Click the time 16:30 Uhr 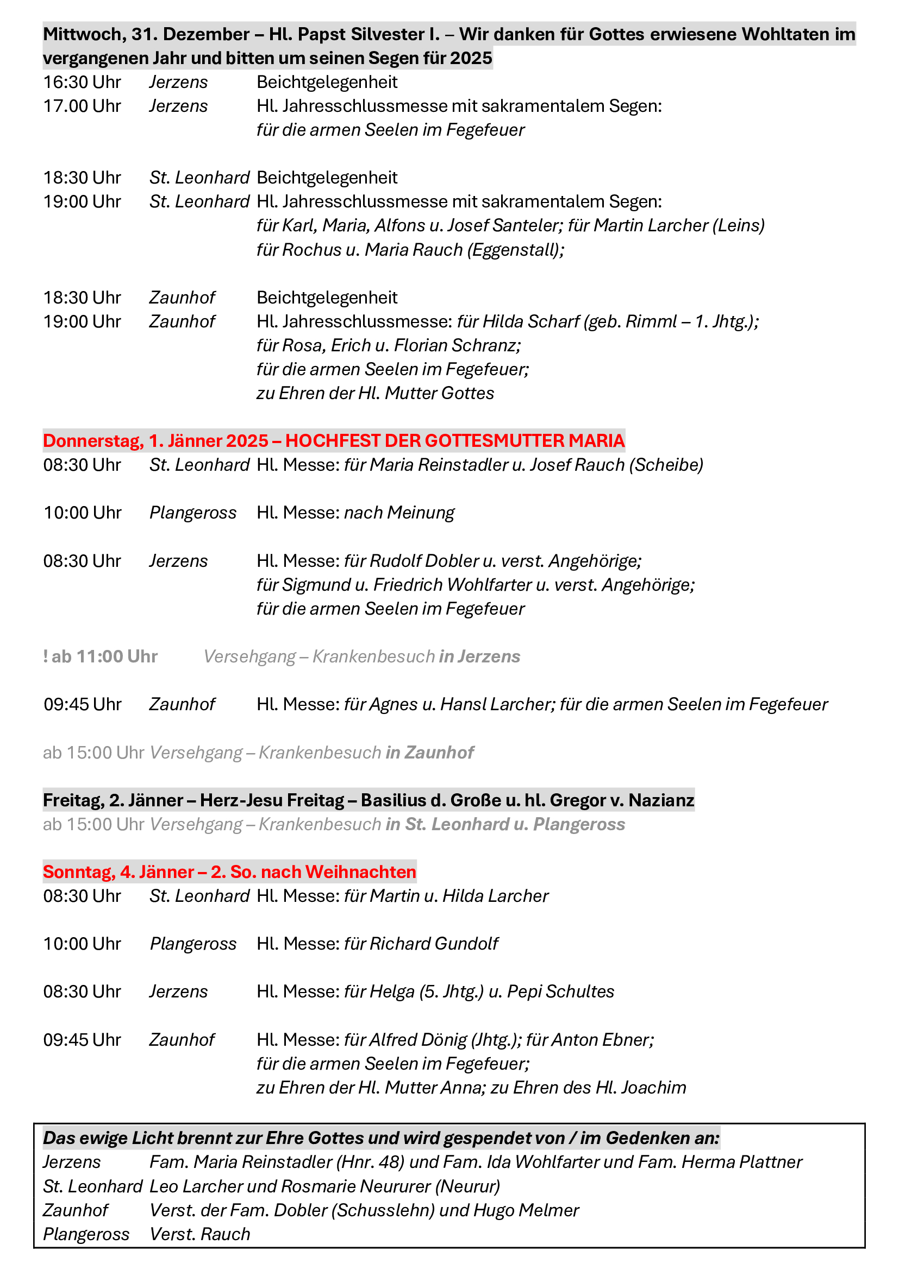pos(82,83)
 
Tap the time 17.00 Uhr pos(82,106)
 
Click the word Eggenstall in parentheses pos(515,250)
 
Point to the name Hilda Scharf pos(531,321)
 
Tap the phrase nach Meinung pos(399,513)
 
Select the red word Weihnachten pos(360,873)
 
